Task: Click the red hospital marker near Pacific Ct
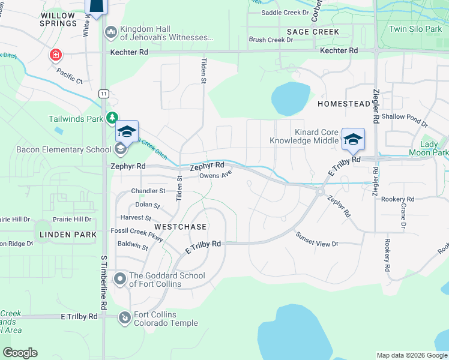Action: click(56, 55)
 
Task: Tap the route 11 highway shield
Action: click(104, 94)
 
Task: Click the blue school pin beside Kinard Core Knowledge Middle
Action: click(353, 139)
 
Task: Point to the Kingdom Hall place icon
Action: click(110, 31)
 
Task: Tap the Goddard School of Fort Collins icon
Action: click(120, 278)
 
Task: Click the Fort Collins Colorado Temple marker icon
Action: click(125, 317)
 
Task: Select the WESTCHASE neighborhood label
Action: click(180, 227)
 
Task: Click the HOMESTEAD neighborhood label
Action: click(344, 104)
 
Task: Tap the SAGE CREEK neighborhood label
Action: click(313, 32)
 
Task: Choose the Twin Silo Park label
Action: click(415, 29)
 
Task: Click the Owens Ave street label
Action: click(215, 176)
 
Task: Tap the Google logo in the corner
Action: click(20, 353)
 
